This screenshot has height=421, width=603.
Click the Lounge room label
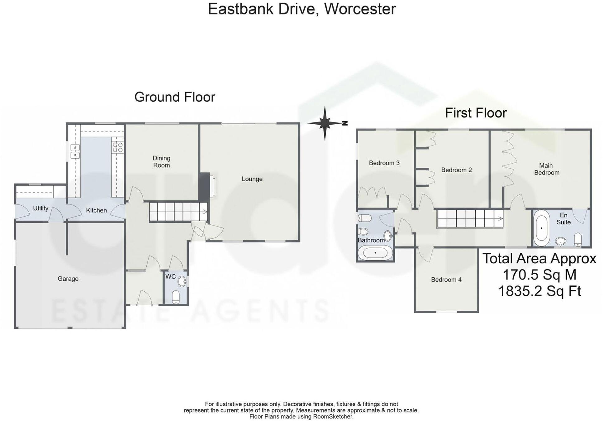pyautogui.click(x=252, y=179)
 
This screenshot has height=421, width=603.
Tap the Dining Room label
pyautogui.click(x=161, y=162)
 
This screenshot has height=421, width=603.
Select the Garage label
pyautogui.click(x=68, y=279)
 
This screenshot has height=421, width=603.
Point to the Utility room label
pyautogui.click(x=41, y=208)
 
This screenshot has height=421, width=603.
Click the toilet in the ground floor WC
pyautogui.click(x=176, y=297)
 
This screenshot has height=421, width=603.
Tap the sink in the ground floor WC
pyautogui.click(x=182, y=282)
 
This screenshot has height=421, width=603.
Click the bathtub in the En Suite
pyautogui.click(x=542, y=228)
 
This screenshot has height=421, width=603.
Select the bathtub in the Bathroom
pyautogui.click(x=375, y=252)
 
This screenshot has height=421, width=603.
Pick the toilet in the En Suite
pyautogui.click(x=578, y=239)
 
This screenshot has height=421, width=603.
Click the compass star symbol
pyautogui.click(x=325, y=123)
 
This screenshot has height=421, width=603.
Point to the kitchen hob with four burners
pyautogui.click(x=117, y=147)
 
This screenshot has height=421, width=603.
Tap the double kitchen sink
pyautogui.click(x=75, y=151)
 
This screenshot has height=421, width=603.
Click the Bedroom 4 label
pyautogui.click(x=446, y=280)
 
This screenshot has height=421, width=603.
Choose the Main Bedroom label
pyautogui.click(x=547, y=169)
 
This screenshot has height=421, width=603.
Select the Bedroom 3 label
pyautogui.click(x=384, y=163)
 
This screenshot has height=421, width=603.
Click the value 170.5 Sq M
pyautogui.click(x=539, y=275)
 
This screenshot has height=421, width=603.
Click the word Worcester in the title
pyautogui.click(x=360, y=9)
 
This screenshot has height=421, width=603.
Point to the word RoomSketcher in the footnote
pyautogui.click(x=333, y=416)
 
